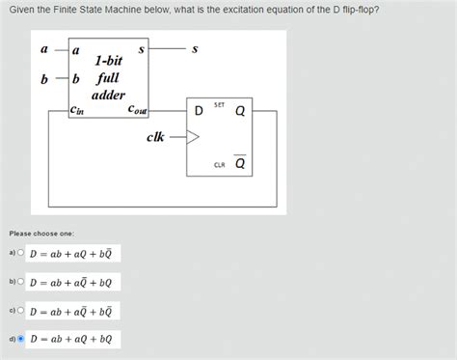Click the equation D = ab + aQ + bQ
point(71,340)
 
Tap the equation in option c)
point(71,312)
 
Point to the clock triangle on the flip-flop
point(194,137)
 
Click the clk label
point(155,137)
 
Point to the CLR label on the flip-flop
point(220,165)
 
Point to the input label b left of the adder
point(44,79)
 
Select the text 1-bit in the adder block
point(108,60)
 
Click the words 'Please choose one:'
point(41,233)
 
